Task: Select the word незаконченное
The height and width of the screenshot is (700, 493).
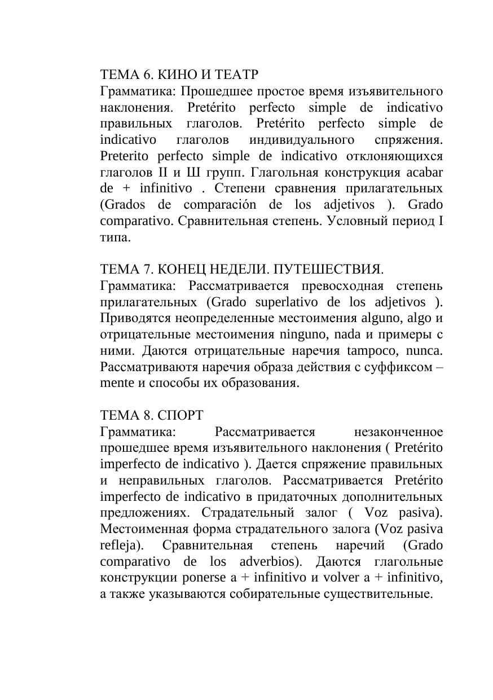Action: click(x=398, y=433)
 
